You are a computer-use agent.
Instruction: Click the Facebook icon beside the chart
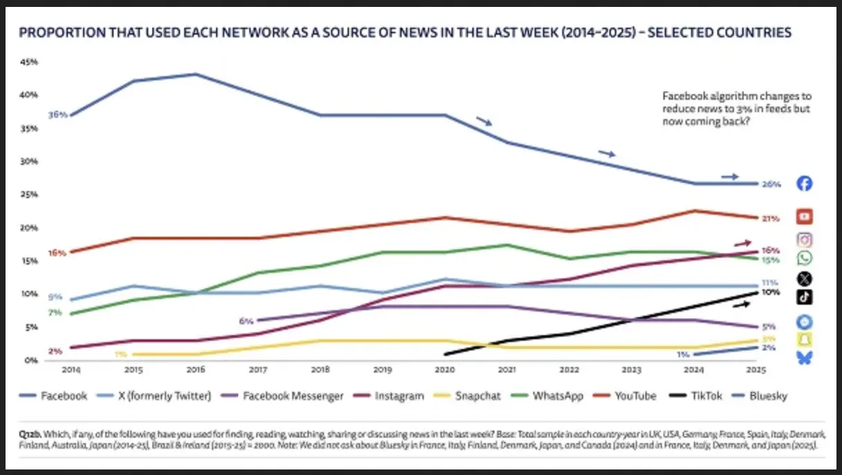pyautogui.click(x=804, y=183)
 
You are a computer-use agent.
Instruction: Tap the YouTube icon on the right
pyautogui.click(x=804, y=217)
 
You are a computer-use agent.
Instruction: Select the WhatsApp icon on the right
pyautogui.click(x=804, y=258)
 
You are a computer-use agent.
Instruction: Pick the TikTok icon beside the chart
pyautogui.click(x=804, y=297)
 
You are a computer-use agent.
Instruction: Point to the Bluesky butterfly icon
pyautogui.click(x=804, y=357)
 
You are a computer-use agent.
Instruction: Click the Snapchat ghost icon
pyautogui.click(x=804, y=339)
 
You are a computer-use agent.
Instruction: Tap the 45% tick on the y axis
pyautogui.click(x=29, y=62)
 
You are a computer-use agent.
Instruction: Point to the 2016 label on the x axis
pyautogui.click(x=196, y=370)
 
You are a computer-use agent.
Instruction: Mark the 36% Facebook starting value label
pyautogui.click(x=57, y=115)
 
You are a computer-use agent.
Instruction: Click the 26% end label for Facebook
pyautogui.click(x=771, y=184)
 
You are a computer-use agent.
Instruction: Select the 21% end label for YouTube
pyautogui.click(x=771, y=218)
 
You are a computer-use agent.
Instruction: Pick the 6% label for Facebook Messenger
pyautogui.click(x=247, y=321)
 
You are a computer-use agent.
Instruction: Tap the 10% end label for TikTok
pyautogui.click(x=771, y=292)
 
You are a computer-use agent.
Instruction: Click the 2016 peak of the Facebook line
pyautogui.click(x=197, y=74)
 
